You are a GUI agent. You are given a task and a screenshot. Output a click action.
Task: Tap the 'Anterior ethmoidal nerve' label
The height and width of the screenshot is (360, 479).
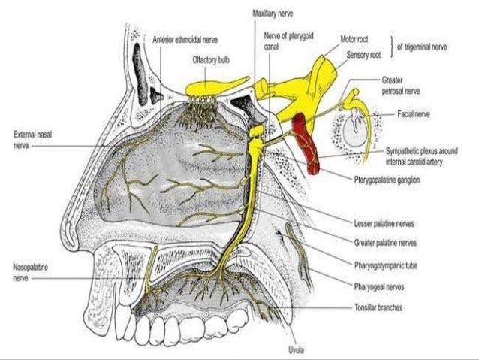point(183,39)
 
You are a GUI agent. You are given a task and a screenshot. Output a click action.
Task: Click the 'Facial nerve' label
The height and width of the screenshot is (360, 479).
point(414,115)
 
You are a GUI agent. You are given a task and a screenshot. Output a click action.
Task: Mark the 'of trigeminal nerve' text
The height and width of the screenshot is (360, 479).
point(423,45)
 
